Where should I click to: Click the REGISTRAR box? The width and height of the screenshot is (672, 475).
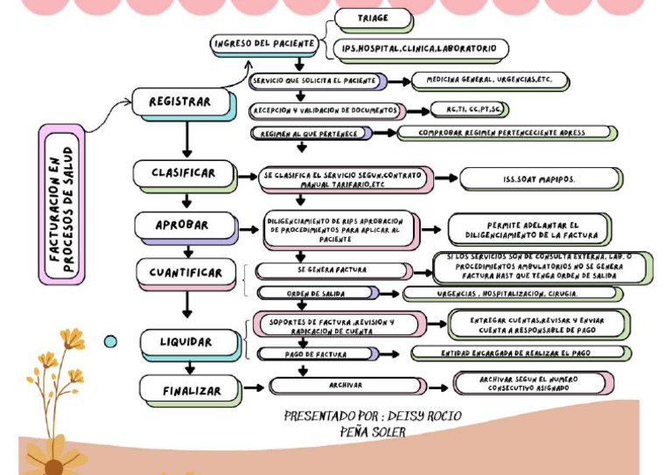tap(182, 102)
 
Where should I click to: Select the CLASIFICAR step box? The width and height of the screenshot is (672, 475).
tap(184, 173)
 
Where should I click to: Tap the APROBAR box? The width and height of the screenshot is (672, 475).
tap(184, 225)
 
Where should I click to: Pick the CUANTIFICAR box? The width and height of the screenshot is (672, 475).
tap(185, 272)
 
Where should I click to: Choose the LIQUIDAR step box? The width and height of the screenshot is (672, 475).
tap(186, 342)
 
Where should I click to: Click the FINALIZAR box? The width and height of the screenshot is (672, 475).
tap(191, 390)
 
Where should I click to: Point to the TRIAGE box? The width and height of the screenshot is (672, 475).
tap(374, 18)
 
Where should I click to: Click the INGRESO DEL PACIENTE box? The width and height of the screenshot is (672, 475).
tap(263, 44)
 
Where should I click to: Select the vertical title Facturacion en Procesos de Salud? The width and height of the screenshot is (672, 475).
tap(61, 204)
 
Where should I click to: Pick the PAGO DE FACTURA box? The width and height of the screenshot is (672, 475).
tap(317, 354)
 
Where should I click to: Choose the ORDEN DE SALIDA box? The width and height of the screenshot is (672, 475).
tap(317, 293)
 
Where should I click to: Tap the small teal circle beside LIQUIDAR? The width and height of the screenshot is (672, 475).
tap(110, 341)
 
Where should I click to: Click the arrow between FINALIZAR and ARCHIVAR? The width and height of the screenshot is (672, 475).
tap(253, 387)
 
